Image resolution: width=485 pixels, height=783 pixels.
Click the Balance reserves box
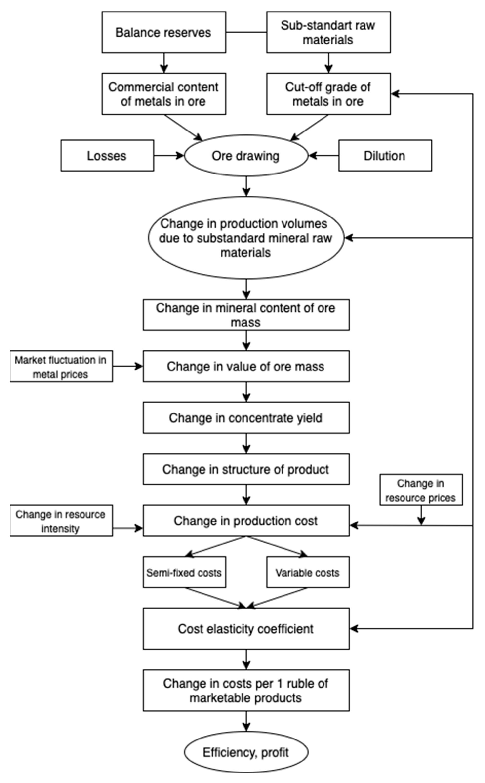pyautogui.click(x=163, y=32)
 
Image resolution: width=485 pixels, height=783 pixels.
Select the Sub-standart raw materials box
pyautogui.click(x=328, y=32)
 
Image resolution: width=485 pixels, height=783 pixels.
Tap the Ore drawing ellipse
pyautogui.click(x=246, y=156)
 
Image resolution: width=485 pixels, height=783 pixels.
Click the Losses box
pyautogui.click(x=107, y=156)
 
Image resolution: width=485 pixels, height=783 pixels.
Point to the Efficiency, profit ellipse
pyautogui.click(x=246, y=752)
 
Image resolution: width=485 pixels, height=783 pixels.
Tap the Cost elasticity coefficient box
pyautogui.click(x=246, y=629)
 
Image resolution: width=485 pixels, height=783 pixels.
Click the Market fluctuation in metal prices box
pyautogui.click(x=61, y=366)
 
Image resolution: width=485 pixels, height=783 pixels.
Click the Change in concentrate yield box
pyautogui.click(x=246, y=418)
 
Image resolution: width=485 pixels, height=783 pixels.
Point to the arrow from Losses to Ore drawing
pyautogui.click(x=168, y=156)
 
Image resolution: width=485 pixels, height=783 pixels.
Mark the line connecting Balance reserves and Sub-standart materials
pyautogui.click(x=246, y=32)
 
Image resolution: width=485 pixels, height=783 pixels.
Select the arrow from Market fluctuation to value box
pyautogui.click(x=128, y=366)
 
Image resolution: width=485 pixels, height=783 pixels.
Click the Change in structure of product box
pyautogui.click(x=246, y=469)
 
